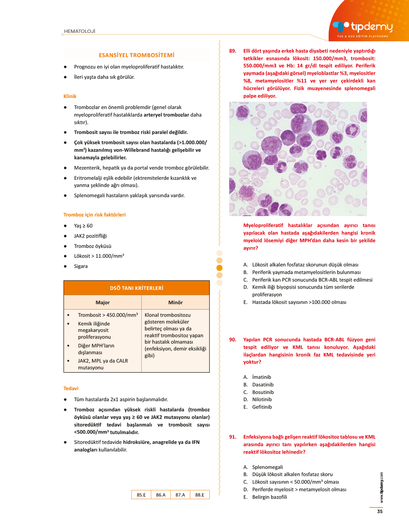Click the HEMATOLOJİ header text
pos(80,31)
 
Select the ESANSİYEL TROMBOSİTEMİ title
pos(136,55)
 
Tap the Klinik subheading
pos(70,96)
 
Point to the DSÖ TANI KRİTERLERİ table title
pos(136,288)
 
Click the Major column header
pos(103,303)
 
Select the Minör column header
pos(175,303)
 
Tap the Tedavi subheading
pos(71,389)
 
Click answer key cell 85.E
pos(141,495)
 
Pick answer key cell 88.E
pos(200,495)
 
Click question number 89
pos(233,51)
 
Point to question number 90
pos(233,340)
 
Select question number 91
pos(233,437)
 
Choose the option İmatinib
pos(262,377)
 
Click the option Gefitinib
pos(262,407)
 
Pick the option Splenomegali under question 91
pos(267,467)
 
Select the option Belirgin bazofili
pos(270,497)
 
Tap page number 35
pos(380,512)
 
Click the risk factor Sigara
pos(81,266)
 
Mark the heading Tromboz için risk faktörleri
pos(95,215)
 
